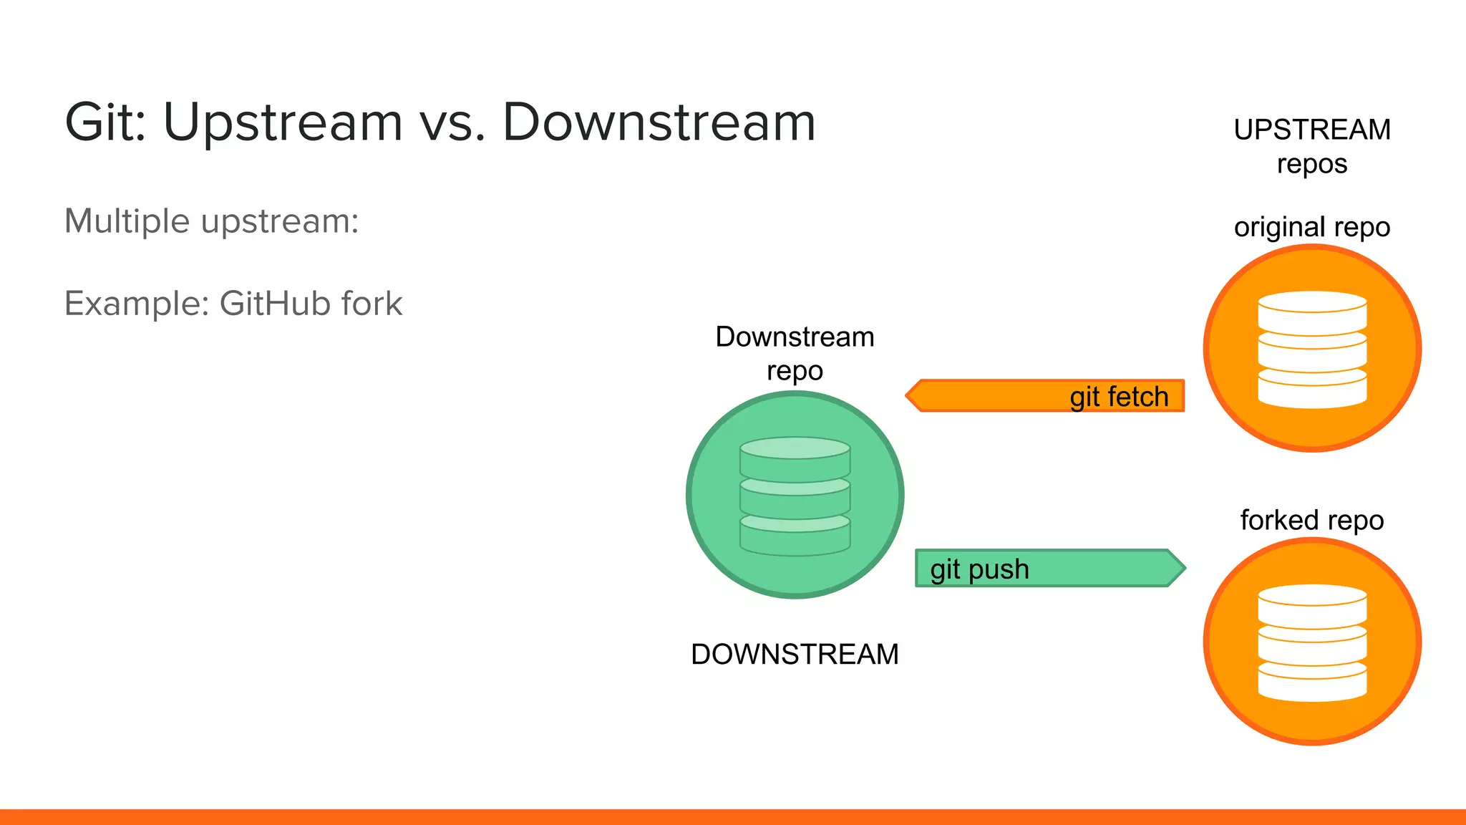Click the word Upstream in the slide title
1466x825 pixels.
283,123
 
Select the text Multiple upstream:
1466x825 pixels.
211,221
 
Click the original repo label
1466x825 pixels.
1311,227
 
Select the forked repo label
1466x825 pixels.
1311,520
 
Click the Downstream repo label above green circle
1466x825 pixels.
795,354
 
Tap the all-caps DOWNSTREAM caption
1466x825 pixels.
795,655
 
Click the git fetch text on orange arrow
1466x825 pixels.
1119,397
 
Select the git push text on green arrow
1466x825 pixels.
979,569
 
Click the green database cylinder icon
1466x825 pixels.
795,496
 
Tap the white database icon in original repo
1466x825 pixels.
1312,349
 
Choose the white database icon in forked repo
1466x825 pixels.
1312,642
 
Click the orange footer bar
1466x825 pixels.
733,817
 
